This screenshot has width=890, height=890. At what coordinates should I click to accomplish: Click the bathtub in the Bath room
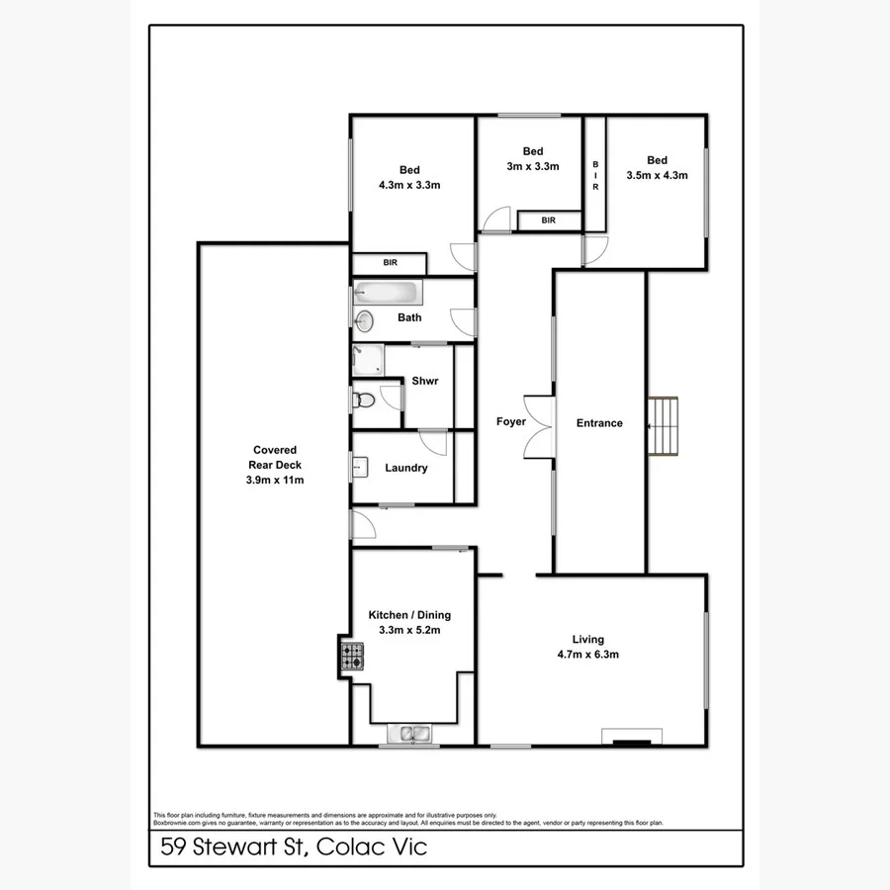coord(388,292)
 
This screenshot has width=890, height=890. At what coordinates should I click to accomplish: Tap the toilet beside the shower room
coord(363,400)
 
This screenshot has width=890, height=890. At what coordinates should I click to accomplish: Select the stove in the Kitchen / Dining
coord(352,656)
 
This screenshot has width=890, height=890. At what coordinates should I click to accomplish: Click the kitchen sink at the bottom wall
coord(408,734)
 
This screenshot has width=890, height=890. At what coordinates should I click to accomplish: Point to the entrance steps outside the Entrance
coord(664,426)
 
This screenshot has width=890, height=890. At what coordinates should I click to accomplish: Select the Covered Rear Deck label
coord(274,465)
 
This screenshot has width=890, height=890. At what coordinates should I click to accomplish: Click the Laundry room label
coord(405,468)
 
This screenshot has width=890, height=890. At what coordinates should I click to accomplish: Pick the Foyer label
coord(511,422)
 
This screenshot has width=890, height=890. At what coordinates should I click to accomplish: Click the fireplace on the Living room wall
coord(632,737)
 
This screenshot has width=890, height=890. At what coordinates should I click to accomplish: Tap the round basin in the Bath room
coord(365,320)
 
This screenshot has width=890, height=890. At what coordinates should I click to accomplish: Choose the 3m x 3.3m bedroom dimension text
coord(533,166)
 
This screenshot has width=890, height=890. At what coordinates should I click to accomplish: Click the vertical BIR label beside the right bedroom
coord(595,175)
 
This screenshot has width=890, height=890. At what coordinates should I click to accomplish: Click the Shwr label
coord(425,382)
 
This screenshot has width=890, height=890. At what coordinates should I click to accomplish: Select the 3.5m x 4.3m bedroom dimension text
coord(657,175)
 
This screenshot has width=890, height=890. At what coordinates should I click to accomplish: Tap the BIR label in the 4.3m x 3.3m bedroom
coord(389,263)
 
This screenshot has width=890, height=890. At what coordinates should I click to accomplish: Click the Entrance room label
coord(599,423)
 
